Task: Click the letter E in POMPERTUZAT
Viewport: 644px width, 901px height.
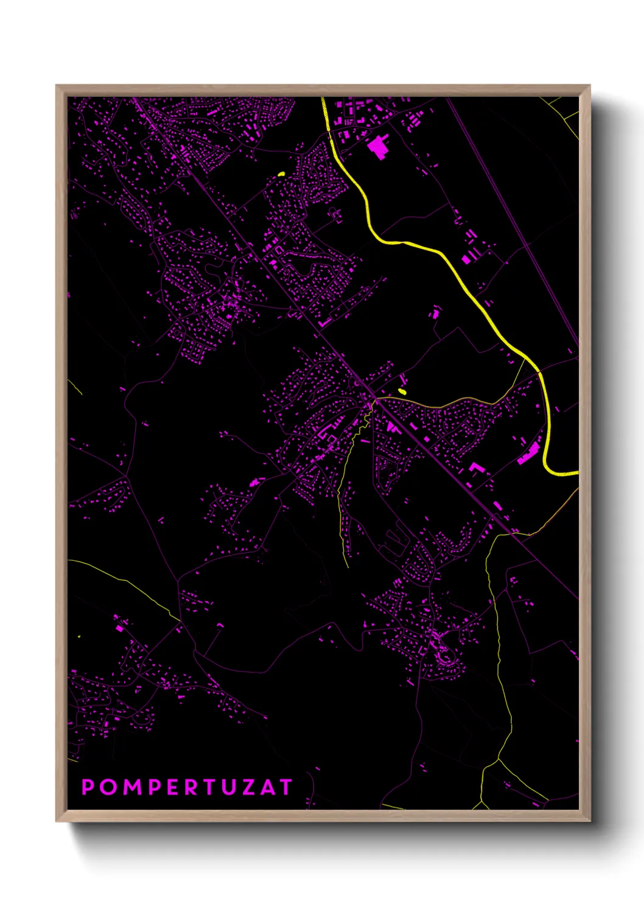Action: [170, 787]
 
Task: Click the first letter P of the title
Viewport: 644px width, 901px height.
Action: [88, 787]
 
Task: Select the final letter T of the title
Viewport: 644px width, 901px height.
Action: [285, 787]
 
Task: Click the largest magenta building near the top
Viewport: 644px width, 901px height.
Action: [377, 147]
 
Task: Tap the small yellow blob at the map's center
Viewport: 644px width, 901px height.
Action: [401, 391]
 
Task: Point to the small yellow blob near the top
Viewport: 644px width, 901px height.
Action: [281, 174]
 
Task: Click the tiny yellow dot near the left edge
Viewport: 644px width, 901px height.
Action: [79, 637]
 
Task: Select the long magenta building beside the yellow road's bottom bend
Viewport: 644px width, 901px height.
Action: [528, 454]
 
